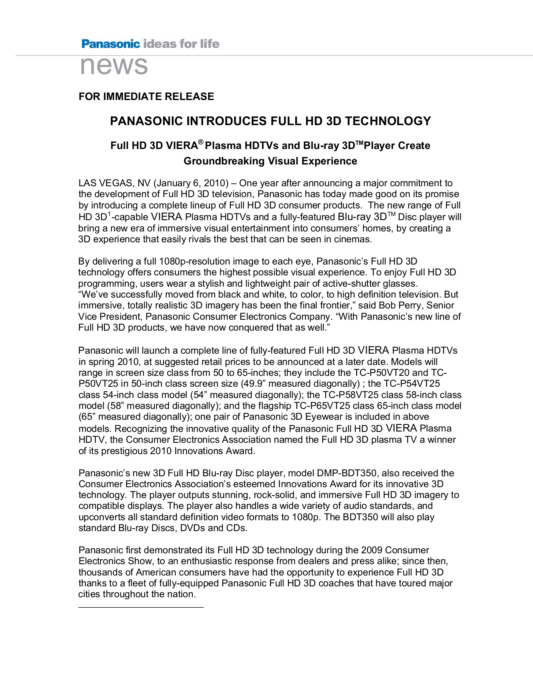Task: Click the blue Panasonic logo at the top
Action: point(110,44)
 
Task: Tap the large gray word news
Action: point(114,65)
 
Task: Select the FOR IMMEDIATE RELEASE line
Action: point(146,97)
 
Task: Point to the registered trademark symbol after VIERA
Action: point(201,142)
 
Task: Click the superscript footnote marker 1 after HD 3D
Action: point(109,214)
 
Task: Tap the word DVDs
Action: point(192,528)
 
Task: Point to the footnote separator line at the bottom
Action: point(141,607)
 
